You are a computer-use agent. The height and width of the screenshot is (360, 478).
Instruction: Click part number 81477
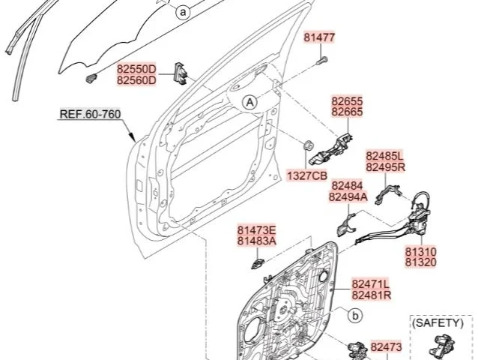coord(319,37)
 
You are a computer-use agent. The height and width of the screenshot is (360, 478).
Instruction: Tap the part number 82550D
coord(136,69)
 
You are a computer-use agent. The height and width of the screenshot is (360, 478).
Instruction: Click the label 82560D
coord(136,80)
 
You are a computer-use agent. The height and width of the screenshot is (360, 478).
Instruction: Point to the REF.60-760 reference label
coord(90,114)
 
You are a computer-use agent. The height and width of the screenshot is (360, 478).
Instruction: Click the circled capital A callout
coord(249,103)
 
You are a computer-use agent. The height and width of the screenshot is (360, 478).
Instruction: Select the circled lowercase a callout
coord(183,13)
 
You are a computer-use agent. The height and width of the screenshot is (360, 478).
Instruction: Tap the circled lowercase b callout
coord(355,316)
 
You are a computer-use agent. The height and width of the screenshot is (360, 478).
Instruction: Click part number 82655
coord(347,101)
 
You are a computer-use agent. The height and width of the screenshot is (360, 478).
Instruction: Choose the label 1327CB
coord(307,175)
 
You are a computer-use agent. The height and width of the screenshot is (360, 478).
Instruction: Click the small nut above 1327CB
coord(308,145)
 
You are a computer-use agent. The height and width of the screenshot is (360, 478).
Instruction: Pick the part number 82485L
coord(384,156)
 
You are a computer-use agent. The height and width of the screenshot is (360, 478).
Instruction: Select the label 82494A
coord(348,197)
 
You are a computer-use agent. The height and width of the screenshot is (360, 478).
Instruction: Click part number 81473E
coord(257,229)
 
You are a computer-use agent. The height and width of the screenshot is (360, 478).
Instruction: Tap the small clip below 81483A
coord(257,263)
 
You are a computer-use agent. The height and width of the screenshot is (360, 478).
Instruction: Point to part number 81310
coord(421,252)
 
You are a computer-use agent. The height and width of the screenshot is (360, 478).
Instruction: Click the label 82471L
coord(371,284)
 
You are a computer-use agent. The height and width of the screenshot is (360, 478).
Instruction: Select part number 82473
coord(387,347)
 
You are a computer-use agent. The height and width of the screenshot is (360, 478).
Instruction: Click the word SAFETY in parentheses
coord(438,322)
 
